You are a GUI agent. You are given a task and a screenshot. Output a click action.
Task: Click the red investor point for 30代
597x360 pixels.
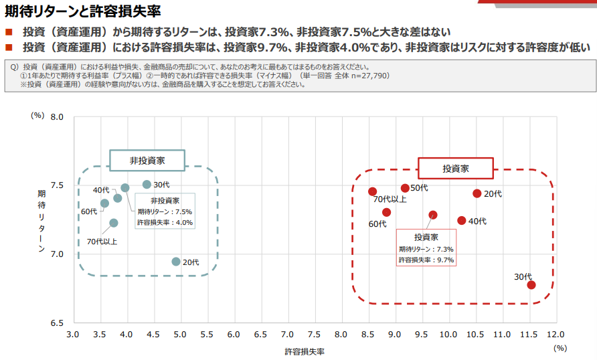(531, 285)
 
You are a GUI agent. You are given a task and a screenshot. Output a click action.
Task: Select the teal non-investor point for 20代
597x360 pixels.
(176, 262)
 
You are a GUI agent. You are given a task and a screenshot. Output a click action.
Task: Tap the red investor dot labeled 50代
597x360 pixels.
(405, 188)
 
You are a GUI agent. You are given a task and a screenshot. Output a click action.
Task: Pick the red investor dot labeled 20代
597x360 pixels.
(477, 193)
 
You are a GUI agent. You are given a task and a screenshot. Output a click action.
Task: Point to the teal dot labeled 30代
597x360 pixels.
(147, 184)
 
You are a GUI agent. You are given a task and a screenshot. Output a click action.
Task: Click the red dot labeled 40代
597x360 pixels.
(462, 221)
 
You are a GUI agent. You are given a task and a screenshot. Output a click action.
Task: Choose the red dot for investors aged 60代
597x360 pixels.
(387, 212)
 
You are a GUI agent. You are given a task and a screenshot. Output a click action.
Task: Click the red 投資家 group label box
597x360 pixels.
(456, 168)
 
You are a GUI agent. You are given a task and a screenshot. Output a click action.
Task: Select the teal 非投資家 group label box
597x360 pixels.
(147, 161)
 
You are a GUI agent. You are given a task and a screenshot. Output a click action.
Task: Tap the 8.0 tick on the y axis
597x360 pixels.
(57, 117)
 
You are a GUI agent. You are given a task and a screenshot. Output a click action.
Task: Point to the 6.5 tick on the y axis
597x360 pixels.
(57, 323)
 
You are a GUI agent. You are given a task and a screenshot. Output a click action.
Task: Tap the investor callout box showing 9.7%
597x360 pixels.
(426, 248)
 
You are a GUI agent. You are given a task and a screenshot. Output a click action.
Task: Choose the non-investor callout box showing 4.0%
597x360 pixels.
(165, 211)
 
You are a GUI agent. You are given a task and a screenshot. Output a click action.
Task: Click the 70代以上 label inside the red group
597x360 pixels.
(390, 199)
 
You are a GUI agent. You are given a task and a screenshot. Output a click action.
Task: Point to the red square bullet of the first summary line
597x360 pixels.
(9, 32)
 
